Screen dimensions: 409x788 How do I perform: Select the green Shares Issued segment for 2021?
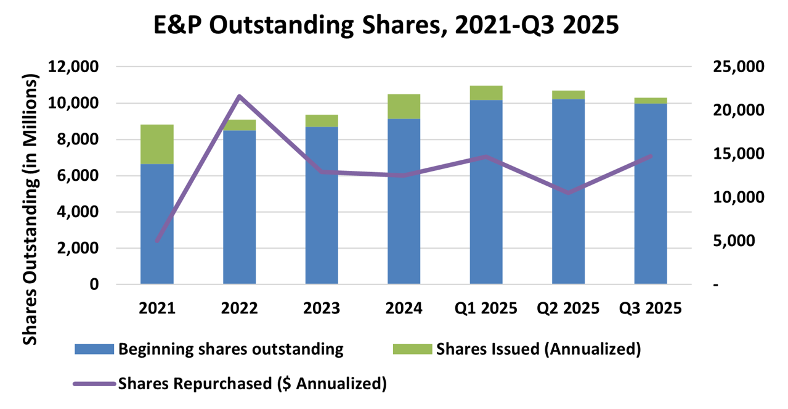pos(156,144)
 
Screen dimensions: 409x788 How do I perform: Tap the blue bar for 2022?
pos(239,207)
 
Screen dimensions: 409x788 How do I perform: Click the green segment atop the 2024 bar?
pos(404,106)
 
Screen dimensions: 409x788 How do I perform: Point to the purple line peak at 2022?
pos(239,96)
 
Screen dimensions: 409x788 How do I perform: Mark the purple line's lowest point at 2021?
pos(156,241)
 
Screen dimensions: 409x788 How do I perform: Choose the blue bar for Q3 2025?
pos(651,194)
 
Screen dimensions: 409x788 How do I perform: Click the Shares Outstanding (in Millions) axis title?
pos(30,204)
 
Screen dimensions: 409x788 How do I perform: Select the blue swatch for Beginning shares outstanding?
pos(94,349)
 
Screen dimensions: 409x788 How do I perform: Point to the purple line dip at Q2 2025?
pos(568,193)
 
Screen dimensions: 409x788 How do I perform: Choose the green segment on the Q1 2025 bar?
pos(486,93)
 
